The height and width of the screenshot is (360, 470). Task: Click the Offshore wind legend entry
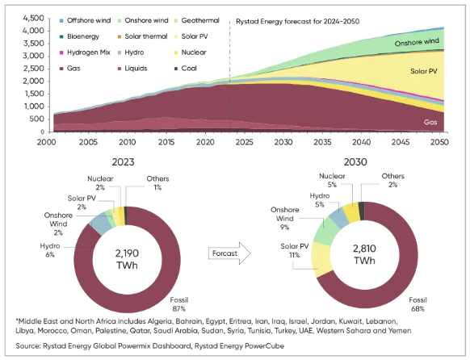(x=85, y=20)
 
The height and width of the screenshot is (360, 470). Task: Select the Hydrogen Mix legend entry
(x=85, y=52)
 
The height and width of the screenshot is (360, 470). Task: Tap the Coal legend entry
(x=186, y=69)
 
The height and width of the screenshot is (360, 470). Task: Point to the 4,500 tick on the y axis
(x=34, y=18)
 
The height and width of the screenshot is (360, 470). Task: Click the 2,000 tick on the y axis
(x=34, y=82)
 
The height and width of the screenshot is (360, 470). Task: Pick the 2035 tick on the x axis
(x=322, y=142)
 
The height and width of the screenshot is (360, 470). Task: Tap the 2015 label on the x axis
(x=166, y=142)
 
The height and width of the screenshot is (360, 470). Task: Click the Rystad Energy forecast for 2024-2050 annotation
(x=298, y=22)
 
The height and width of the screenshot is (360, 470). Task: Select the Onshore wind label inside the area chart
(x=417, y=42)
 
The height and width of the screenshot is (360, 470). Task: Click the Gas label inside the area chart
(x=430, y=122)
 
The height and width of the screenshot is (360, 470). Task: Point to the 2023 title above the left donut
(x=123, y=162)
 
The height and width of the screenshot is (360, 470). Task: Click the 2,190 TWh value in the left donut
(x=127, y=259)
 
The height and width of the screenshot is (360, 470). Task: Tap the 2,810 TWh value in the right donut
(x=364, y=254)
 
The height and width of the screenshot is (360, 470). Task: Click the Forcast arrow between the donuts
(x=229, y=253)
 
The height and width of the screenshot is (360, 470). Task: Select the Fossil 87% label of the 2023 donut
(x=179, y=304)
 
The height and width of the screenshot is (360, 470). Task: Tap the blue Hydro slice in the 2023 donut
(x=101, y=224)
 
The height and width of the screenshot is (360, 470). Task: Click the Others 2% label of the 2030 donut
(x=392, y=180)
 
